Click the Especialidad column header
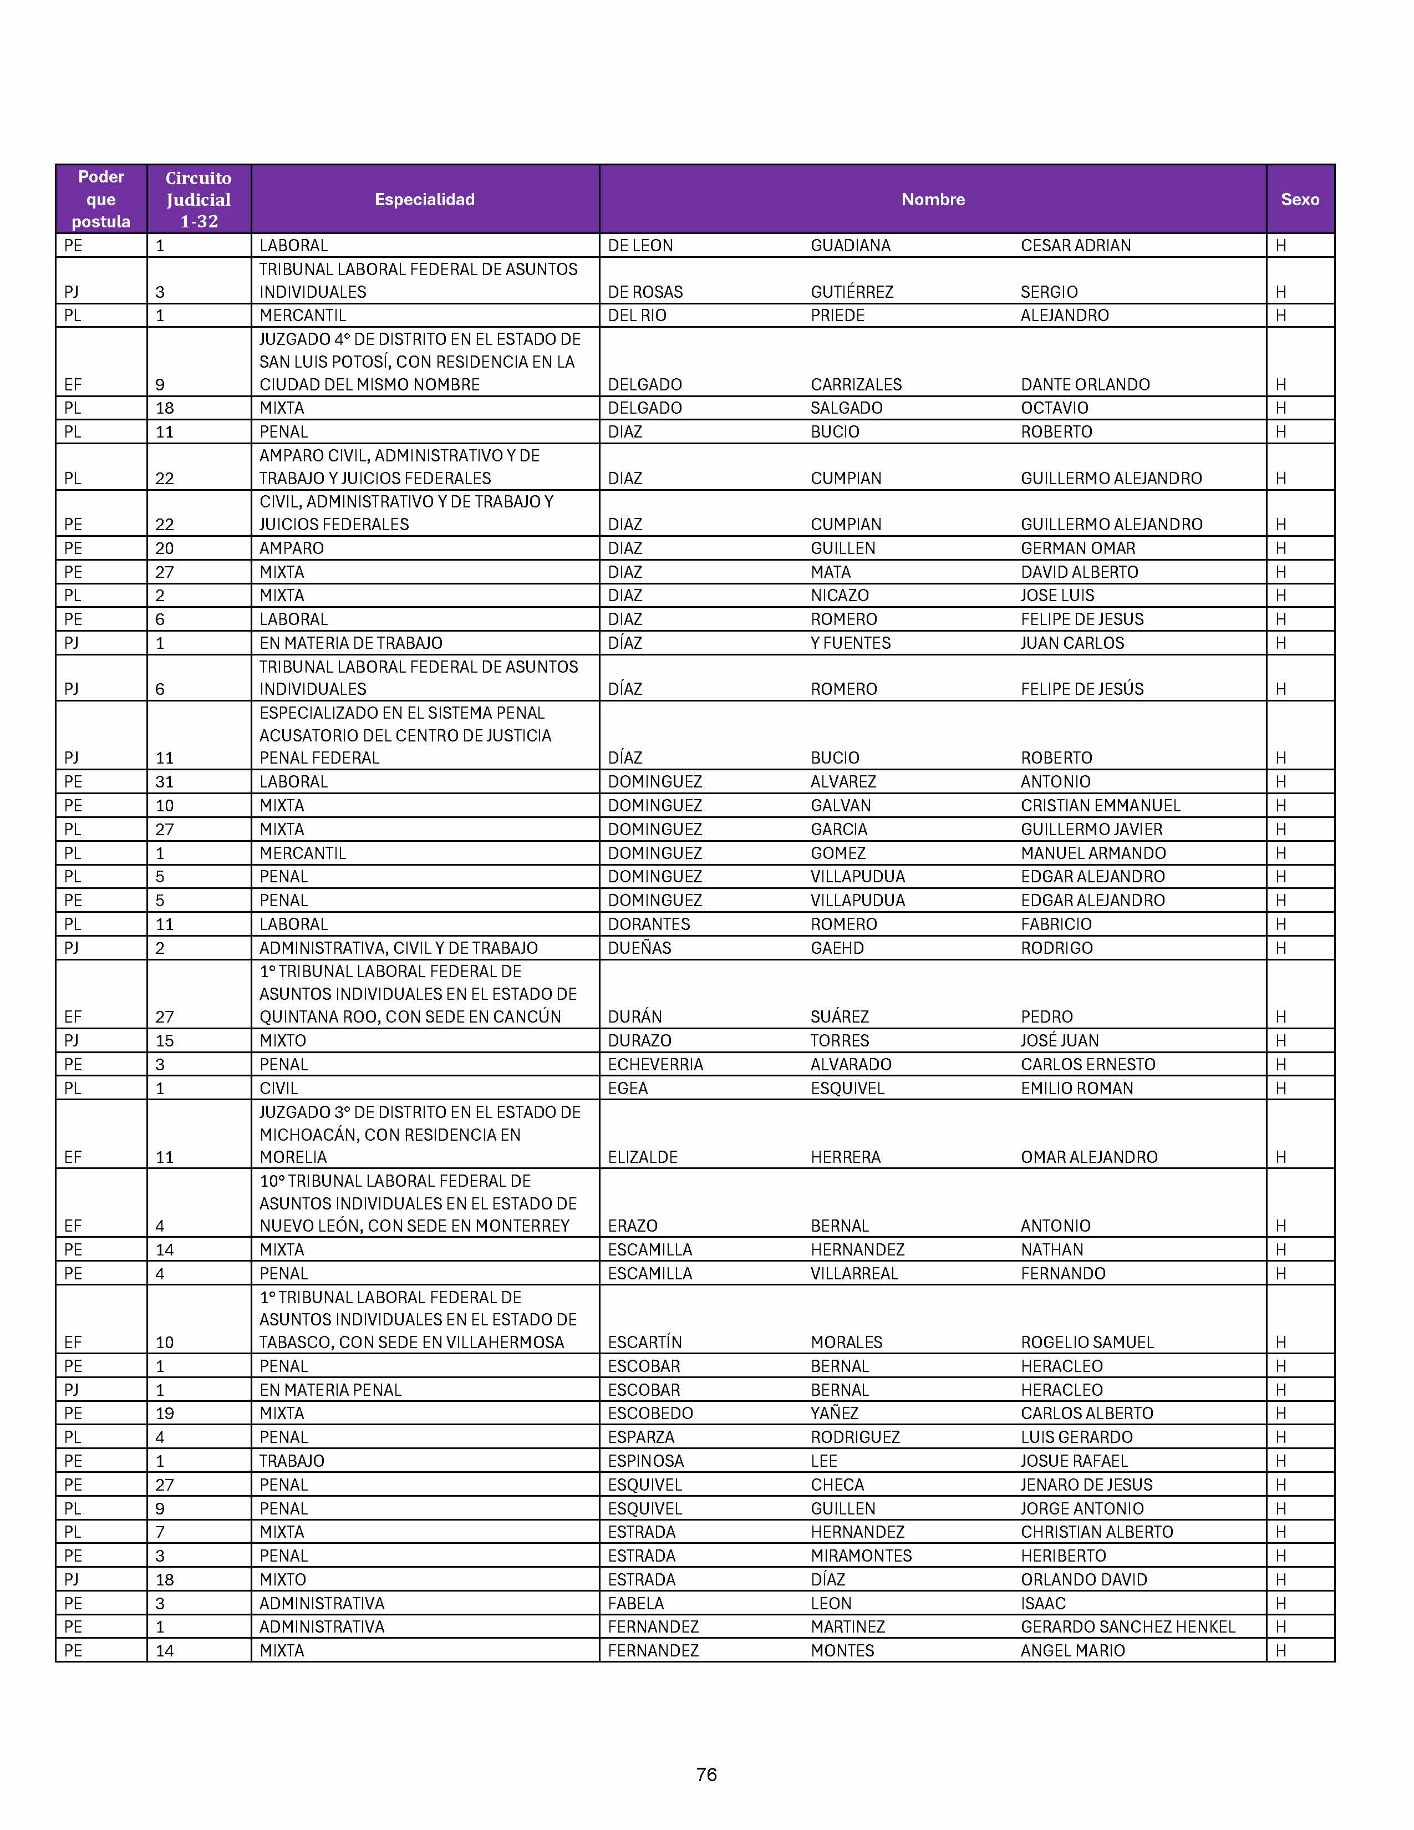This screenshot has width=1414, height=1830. [425, 200]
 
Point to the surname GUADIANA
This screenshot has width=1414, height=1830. [850, 246]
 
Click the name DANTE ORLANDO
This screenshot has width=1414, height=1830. [1085, 385]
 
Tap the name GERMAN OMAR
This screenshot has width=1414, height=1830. [1078, 548]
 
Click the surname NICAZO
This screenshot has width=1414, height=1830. [840, 595]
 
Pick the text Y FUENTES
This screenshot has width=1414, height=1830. [850, 643]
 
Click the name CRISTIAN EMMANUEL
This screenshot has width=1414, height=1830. [1100, 805]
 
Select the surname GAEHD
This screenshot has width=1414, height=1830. [837, 948]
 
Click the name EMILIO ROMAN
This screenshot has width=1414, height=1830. [1076, 1089]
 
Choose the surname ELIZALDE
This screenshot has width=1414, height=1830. [643, 1157]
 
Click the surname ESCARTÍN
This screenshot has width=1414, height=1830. [645, 1343]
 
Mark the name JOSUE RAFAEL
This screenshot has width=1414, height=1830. [1074, 1461]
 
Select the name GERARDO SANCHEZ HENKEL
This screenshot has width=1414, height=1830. [1127, 1626]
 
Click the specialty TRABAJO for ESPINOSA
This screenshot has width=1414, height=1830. [292, 1461]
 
